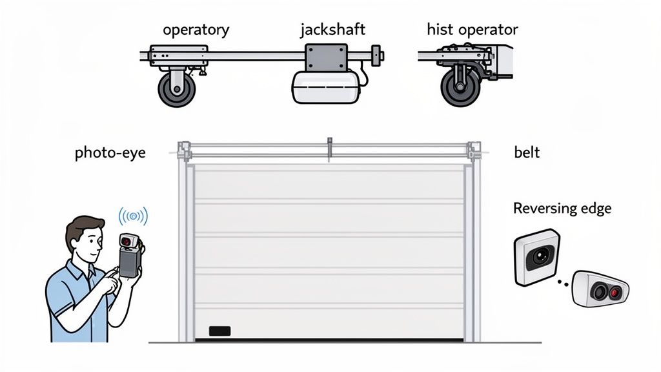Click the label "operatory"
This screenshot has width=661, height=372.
point(196,30)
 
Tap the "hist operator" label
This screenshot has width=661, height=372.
point(472,30)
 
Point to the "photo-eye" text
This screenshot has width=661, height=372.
point(110,153)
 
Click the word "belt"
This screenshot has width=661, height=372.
point(527,153)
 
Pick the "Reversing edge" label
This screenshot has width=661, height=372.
point(562,209)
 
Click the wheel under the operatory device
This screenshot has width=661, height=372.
point(177,88)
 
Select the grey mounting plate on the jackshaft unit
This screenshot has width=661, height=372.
point(327,57)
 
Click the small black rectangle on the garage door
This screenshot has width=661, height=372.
point(219,331)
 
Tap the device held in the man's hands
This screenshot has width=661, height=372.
point(130,256)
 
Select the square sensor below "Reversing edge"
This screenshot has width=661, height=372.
point(536,257)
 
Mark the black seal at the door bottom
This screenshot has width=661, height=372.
point(329,340)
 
